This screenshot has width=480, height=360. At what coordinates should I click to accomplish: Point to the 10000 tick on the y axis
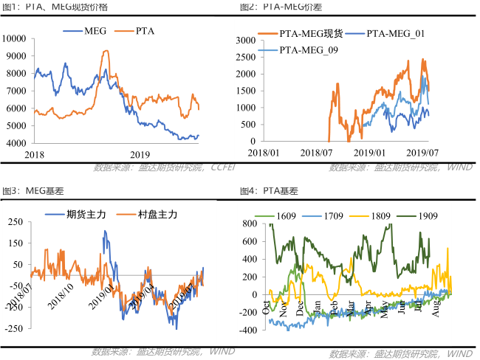point(15,38)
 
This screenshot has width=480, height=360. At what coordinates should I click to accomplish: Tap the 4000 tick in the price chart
point(17,143)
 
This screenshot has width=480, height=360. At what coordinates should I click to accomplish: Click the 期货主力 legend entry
point(86,215)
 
